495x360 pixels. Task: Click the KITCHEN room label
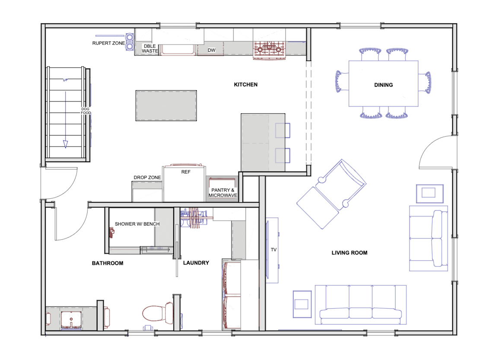245,85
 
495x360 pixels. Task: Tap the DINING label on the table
383,85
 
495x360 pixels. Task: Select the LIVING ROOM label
349,253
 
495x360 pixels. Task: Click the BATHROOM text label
108,263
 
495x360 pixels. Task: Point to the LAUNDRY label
196,263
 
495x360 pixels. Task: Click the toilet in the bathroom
157,313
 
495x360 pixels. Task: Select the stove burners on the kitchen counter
270,49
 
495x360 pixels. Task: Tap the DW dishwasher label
211,51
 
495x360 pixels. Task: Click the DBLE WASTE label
150,48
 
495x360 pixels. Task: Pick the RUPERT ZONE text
108,43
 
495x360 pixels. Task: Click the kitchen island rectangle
167,105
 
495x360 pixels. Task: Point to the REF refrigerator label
186,172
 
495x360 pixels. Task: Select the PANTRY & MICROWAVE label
223,193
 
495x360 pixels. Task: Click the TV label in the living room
273,250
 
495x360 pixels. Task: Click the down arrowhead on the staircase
66,144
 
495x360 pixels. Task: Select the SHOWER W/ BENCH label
137,224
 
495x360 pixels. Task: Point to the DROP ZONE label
147,178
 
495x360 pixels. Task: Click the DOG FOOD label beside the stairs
85,111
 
